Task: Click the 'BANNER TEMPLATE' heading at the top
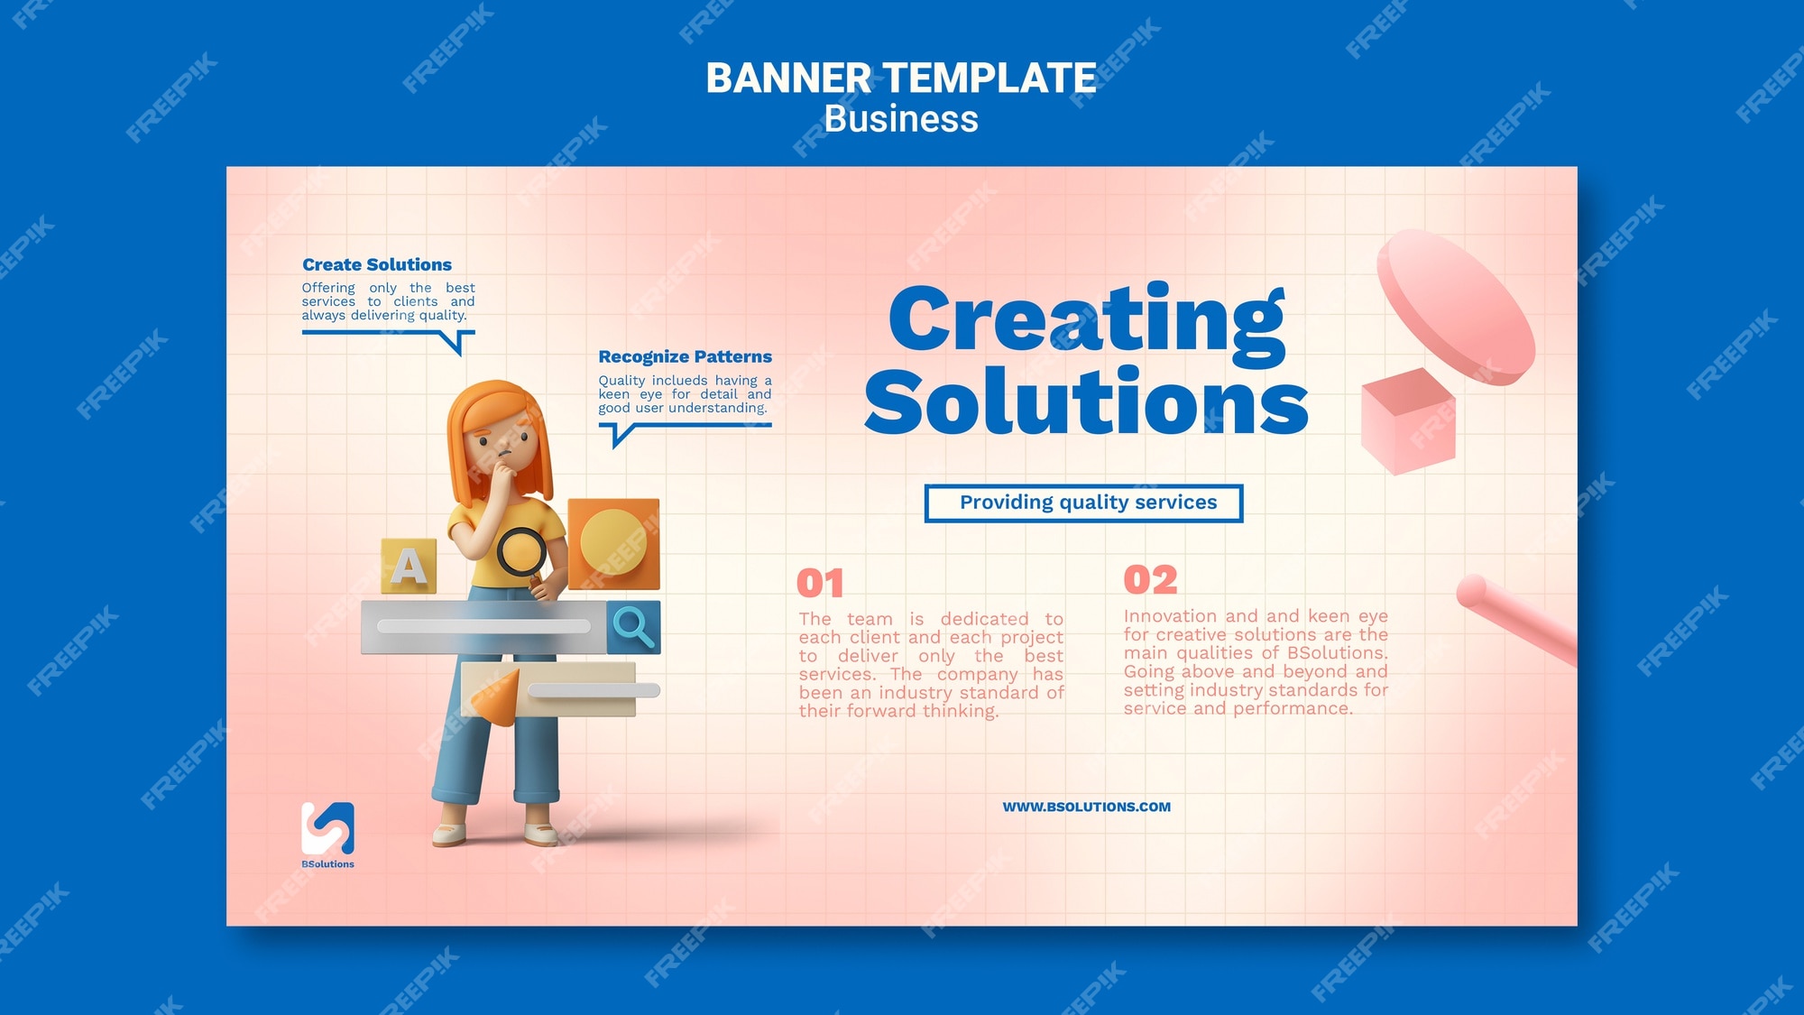(900, 78)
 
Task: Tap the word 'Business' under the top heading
(901, 119)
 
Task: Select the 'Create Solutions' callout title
(377, 264)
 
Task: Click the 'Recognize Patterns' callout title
(686, 356)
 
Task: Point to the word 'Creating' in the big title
(1087, 323)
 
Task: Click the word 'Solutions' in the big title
(1086, 401)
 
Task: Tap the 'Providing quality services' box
(1084, 503)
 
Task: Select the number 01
(820, 583)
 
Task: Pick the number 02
(1150, 579)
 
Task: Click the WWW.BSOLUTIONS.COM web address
(1087, 807)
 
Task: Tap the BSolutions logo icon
(327, 828)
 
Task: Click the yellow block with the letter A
(409, 566)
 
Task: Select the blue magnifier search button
(633, 627)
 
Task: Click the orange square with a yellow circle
(614, 543)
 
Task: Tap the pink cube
(1408, 421)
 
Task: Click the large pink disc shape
(1455, 307)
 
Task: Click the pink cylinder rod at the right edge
(1516, 620)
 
